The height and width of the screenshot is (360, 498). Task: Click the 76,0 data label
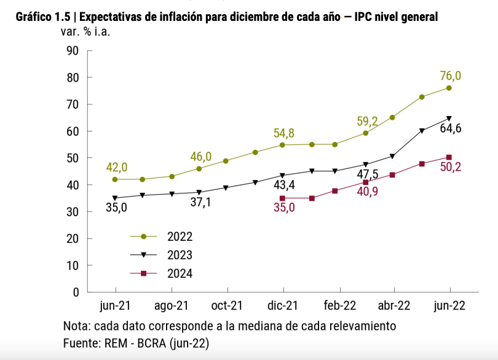(x=450, y=76)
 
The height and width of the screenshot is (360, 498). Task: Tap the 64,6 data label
(x=450, y=128)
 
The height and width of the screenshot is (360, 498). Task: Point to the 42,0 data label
(x=117, y=167)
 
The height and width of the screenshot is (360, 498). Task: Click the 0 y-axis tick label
(x=77, y=292)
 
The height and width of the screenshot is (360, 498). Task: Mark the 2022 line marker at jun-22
(x=449, y=88)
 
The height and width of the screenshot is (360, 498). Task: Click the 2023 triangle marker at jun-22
(x=449, y=119)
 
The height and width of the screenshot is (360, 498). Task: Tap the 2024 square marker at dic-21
(x=282, y=198)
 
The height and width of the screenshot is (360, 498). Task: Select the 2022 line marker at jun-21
(x=115, y=179)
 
